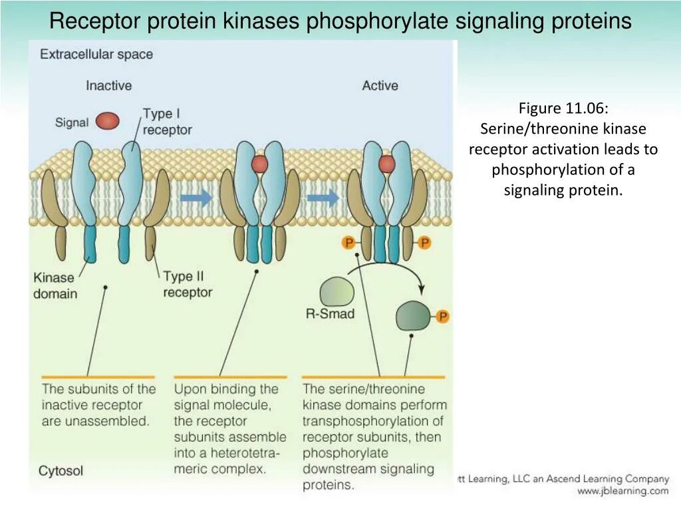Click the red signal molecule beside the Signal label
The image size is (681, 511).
[x=107, y=121]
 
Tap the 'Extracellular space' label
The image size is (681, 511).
[x=96, y=55]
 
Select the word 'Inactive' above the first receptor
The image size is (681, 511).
[x=108, y=86]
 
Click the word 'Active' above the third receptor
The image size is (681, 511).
[x=380, y=86]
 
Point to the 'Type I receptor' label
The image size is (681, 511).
[x=167, y=122]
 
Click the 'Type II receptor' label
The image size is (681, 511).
[x=188, y=284]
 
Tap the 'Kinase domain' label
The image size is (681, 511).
[x=55, y=285]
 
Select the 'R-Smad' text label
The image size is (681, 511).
[x=330, y=313]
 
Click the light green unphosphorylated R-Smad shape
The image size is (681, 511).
[x=337, y=291]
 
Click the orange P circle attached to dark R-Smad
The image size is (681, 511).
[x=443, y=317]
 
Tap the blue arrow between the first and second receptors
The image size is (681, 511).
[x=197, y=198]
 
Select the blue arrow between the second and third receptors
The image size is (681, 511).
[x=323, y=198]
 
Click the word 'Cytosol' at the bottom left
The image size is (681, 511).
[x=61, y=471]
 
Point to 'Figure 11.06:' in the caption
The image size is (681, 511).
[x=563, y=108]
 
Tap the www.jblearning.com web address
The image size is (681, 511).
[x=622, y=491]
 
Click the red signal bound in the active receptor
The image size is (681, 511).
[x=386, y=164]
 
